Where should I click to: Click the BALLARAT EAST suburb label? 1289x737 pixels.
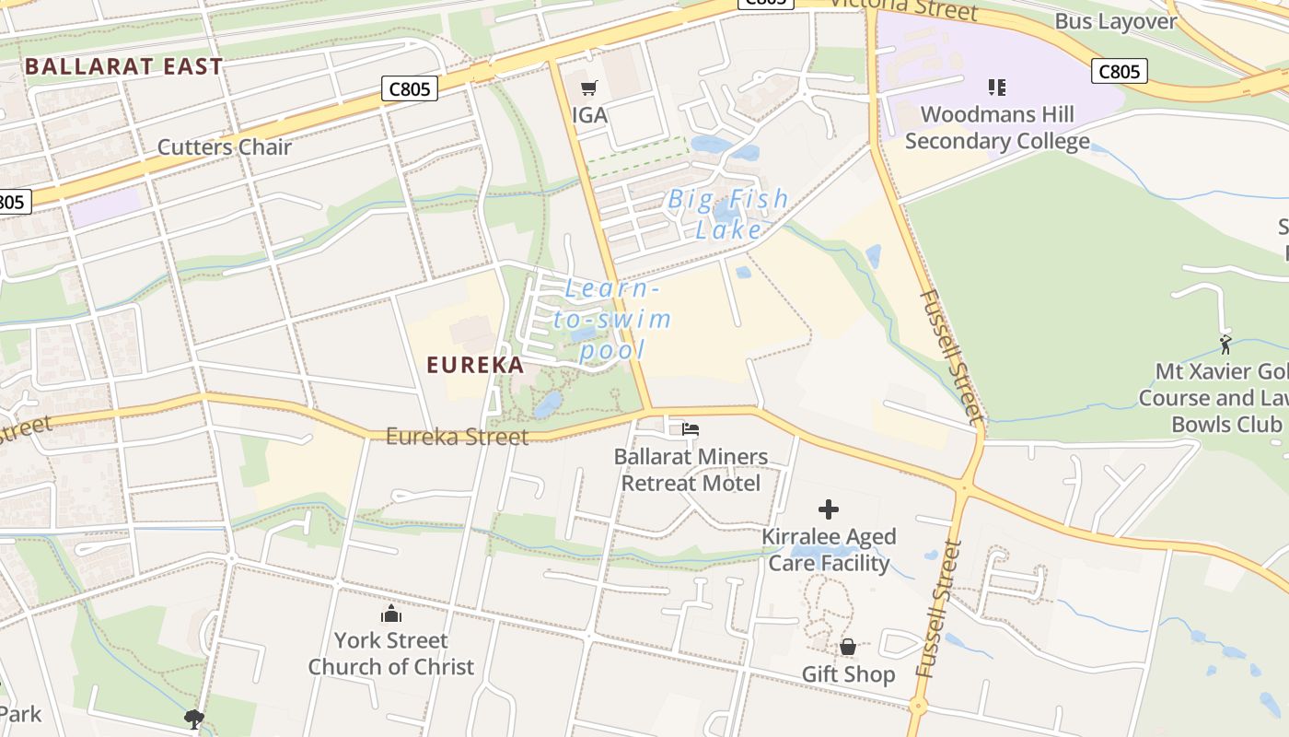click(x=124, y=66)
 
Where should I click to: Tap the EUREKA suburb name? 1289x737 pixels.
click(x=475, y=365)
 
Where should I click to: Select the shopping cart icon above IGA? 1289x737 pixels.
click(x=589, y=88)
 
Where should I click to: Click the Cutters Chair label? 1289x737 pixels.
click(x=225, y=147)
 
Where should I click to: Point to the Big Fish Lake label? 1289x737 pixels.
click(x=728, y=214)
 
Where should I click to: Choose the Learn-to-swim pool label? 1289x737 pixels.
click(x=612, y=320)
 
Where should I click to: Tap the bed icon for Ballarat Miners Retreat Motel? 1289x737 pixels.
click(x=691, y=429)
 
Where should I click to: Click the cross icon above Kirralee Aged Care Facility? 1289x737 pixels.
click(x=829, y=509)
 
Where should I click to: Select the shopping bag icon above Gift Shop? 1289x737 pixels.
click(x=848, y=648)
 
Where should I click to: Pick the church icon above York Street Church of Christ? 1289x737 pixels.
click(x=391, y=614)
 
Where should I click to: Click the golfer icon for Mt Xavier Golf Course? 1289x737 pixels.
click(x=1225, y=345)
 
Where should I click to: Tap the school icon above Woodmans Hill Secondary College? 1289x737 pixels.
click(x=997, y=88)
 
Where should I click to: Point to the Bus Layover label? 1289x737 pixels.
click(x=1116, y=22)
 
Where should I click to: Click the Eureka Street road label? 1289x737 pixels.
click(x=457, y=436)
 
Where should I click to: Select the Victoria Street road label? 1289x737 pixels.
click(x=902, y=9)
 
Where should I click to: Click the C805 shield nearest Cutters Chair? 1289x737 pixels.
click(x=410, y=88)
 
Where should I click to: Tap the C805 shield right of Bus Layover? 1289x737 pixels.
click(x=1120, y=71)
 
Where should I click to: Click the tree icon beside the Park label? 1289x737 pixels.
click(x=193, y=718)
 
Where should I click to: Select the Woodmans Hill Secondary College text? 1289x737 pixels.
click(x=997, y=128)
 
